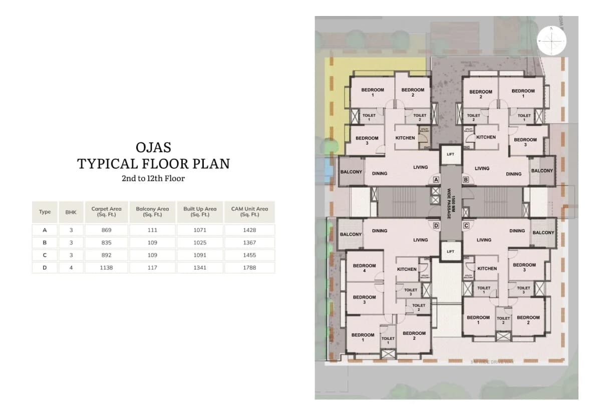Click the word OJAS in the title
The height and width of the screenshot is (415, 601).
tap(153, 147)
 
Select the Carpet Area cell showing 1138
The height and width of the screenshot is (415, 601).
tap(106, 268)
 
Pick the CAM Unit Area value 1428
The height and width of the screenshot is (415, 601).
tap(249, 230)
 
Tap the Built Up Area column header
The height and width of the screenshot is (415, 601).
tap(200, 211)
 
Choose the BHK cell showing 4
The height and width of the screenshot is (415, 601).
tap(71, 268)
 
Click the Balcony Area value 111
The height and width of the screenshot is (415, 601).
tap(152, 230)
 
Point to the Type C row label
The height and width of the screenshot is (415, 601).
tap(45, 255)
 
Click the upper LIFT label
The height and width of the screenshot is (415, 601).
tap(450, 154)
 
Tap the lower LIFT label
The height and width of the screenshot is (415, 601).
tap(450, 251)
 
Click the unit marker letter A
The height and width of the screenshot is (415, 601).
tap(436, 179)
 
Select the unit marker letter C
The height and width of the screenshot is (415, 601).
tap(466, 226)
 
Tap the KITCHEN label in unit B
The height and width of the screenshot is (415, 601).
tap(486, 137)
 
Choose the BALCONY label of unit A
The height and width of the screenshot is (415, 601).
tap(351, 172)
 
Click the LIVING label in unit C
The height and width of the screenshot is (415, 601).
tap(484, 240)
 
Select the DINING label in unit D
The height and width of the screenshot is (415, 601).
tap(380, 231)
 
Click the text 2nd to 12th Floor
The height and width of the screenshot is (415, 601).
tap(153, 178)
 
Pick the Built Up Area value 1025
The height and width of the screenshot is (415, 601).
tap(200, 243)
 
